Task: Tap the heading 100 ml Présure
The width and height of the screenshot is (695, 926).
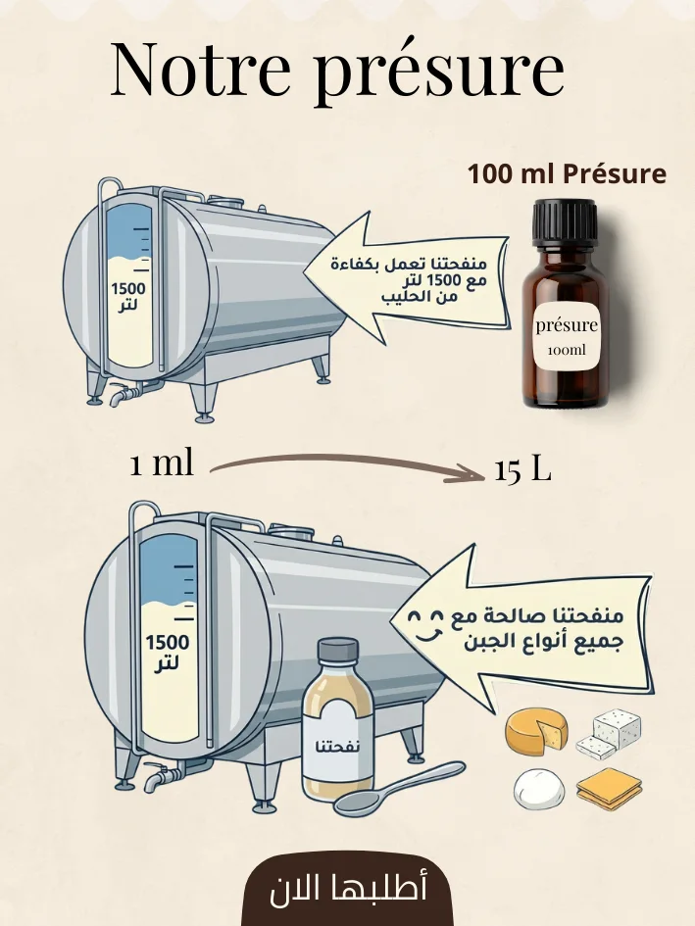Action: click(567, 173)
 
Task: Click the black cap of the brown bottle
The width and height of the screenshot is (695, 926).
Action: click(565, 221)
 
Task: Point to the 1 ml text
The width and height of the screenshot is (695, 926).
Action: click(162, 463)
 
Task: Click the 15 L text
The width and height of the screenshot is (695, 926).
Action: click(523, 470)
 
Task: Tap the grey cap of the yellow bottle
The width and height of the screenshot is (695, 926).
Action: click(338, 651)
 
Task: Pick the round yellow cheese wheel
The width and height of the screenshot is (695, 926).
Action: click(536, 731)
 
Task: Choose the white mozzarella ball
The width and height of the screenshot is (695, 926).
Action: click(538, 789)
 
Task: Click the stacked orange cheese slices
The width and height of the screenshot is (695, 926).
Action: click(609, 789)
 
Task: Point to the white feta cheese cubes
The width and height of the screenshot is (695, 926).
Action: click(608, 734)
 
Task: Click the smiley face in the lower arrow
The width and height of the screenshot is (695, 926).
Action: click(425, 626)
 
